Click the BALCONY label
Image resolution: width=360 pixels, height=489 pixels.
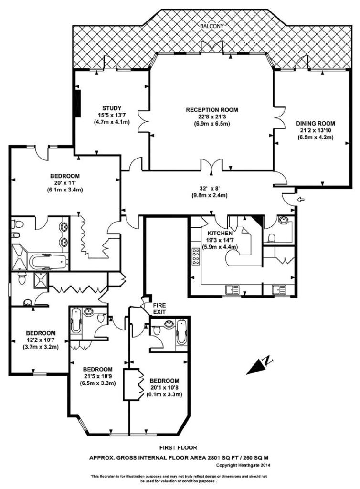212,26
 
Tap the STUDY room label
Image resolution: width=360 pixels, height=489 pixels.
112,108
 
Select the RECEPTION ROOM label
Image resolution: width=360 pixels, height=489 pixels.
212,110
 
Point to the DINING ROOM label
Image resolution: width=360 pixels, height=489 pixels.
316,124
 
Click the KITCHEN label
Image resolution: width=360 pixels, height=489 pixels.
220,233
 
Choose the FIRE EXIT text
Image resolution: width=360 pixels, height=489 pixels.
159,308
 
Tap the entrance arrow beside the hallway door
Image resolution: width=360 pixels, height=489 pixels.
301,200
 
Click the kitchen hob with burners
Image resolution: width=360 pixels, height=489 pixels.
196,257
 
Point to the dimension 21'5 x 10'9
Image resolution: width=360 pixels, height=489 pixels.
97,376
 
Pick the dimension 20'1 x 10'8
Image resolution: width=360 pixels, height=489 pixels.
164,388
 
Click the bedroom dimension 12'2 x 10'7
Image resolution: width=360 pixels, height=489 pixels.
41,340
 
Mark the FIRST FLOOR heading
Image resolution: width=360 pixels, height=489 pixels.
178,448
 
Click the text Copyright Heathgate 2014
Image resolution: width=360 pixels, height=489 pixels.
243,465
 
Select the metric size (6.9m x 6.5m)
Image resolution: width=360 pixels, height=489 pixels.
212,124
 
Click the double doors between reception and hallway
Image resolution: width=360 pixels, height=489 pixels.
212,165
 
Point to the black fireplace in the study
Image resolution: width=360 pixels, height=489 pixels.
78,103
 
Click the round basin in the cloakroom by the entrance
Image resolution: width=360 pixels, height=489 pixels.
284,220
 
